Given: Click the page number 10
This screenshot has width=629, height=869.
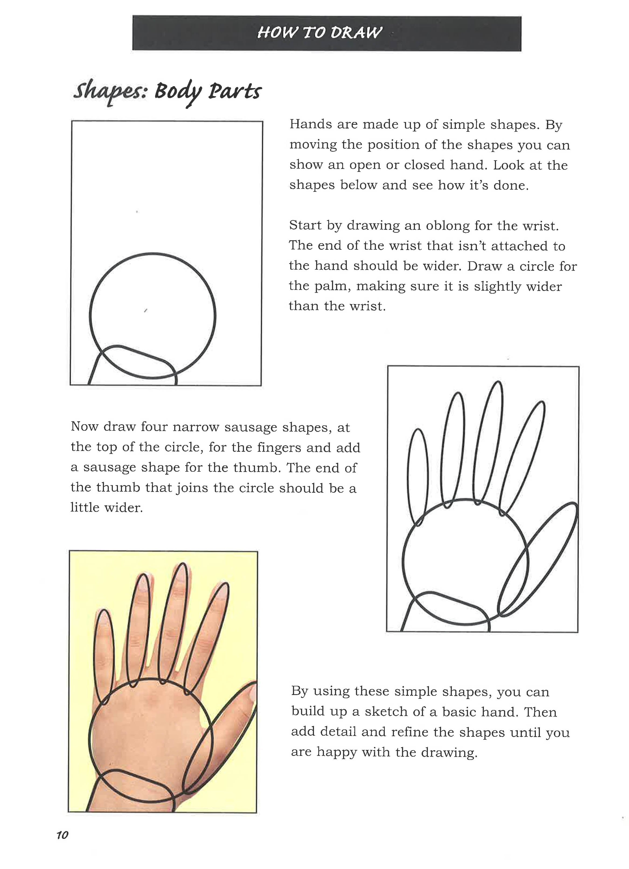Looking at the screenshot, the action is (62, 835).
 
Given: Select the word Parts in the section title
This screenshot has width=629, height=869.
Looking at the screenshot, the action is (234, 92).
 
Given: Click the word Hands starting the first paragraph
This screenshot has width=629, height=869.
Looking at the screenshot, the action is (310, 124).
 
